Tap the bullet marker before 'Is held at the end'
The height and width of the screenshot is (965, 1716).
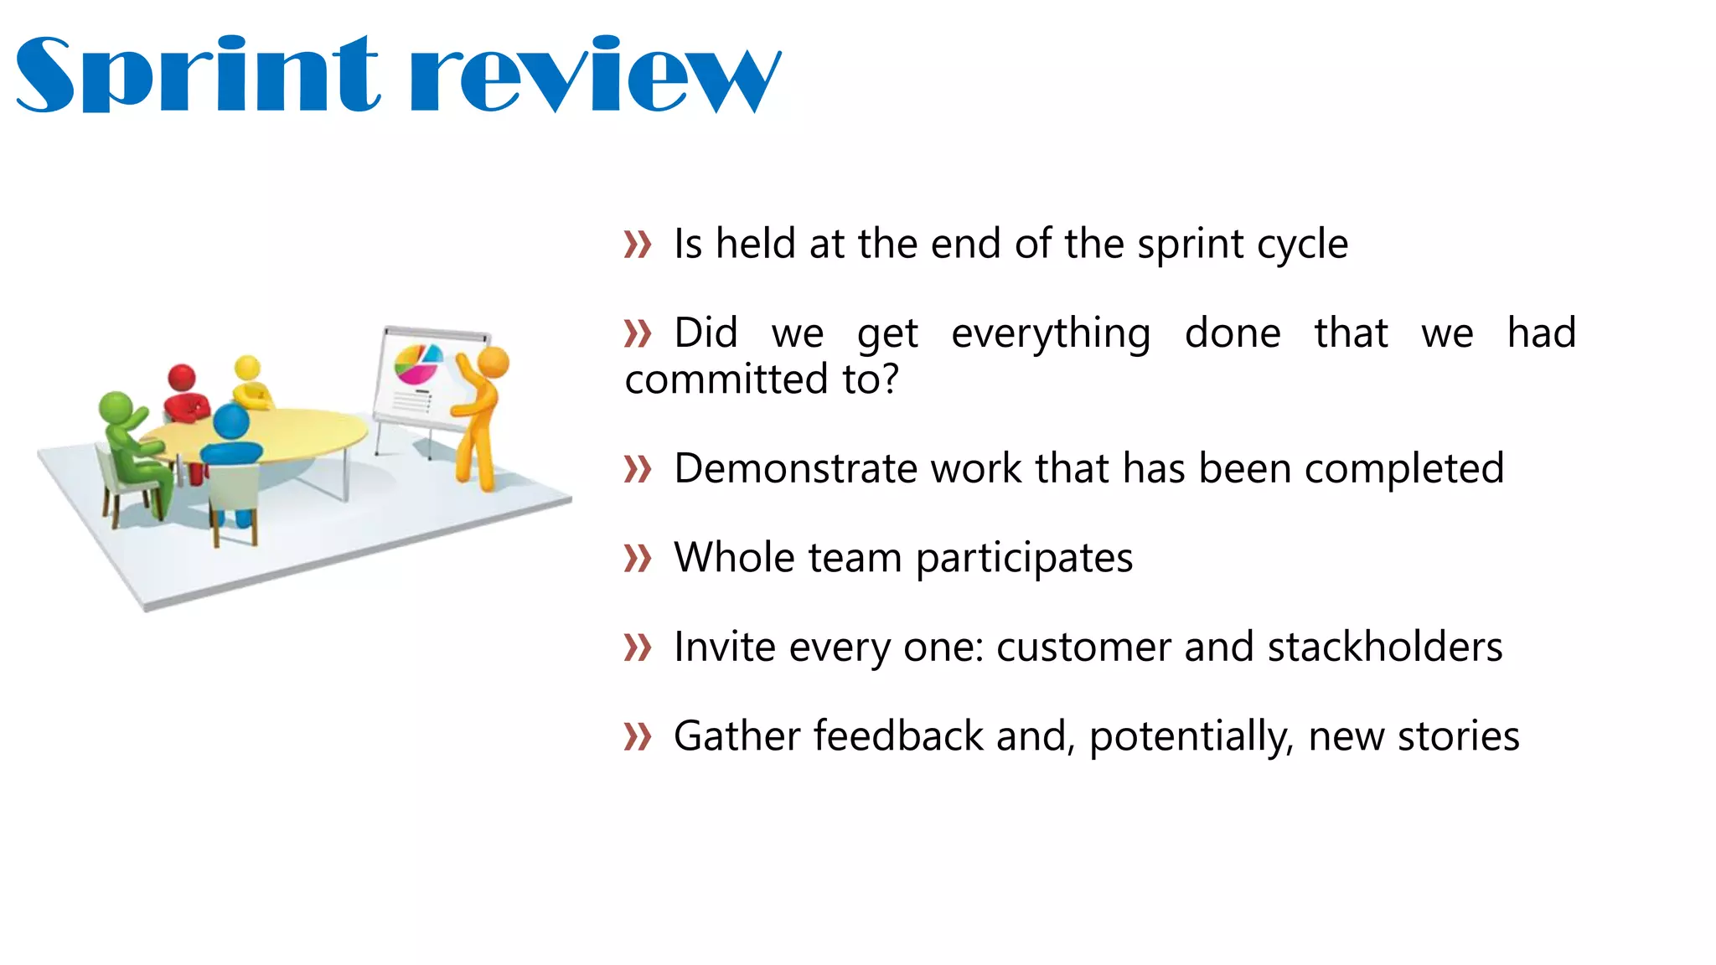tap(638, 245)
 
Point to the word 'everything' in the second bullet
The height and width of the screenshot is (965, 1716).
tap(1051, 334)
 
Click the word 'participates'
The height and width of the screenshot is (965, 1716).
tap(1024, 559)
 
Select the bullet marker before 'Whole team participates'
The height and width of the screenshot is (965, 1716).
tap(638, 558)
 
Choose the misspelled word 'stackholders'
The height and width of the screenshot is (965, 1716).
tap(1385, 647)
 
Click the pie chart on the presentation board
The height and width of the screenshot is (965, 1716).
tap(417, 364)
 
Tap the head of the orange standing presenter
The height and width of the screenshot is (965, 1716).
tap(494, 363)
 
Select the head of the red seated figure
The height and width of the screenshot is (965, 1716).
tap(182, 378)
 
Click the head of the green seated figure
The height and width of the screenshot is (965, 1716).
tap(116, 408)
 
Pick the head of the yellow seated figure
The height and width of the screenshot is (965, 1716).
tap(247, 368)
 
